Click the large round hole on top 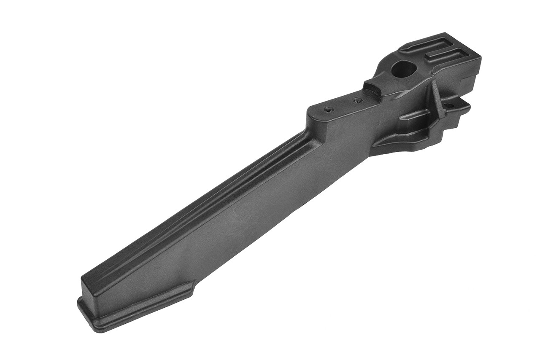coord(404,69)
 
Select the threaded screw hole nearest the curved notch coord(357,100)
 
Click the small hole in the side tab coord(448,105)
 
